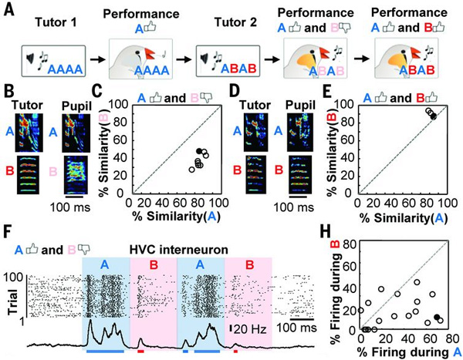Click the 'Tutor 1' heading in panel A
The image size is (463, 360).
coord(56,22)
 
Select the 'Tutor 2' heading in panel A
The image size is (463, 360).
coord(235,22)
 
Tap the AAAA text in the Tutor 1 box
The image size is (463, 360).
coord(66,69)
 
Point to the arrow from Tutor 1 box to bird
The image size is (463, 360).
coord(98,59)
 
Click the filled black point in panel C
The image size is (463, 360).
coord(200,151)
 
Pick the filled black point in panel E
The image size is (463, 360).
coord(433,116)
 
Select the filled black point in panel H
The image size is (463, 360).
coord(438,317)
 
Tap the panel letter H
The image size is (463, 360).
coord(326,234)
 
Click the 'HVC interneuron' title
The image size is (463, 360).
coord(179,250)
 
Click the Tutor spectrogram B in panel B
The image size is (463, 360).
coord(28,175)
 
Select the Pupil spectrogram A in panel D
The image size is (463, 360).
coord(299,133)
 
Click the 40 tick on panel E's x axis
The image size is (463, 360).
coord(393,203)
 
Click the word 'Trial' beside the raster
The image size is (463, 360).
coord(12,298)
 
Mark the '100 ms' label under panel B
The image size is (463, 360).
coord(69,207)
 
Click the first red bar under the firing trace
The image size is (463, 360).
coord(140,352)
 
